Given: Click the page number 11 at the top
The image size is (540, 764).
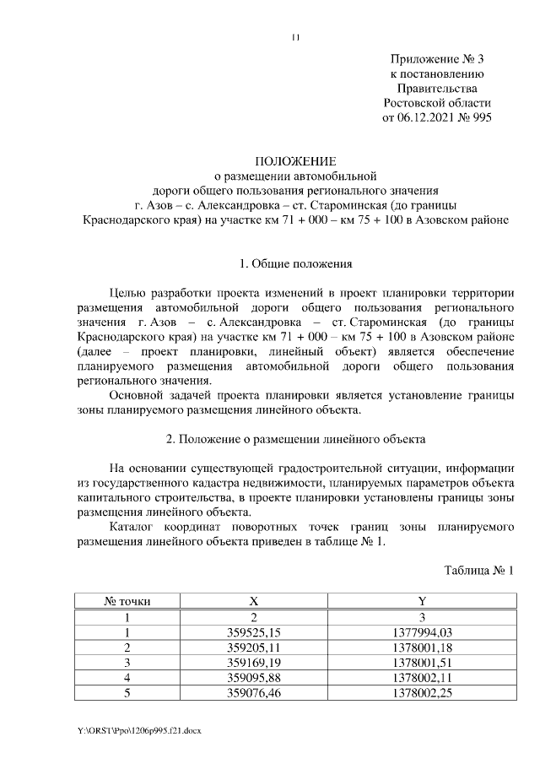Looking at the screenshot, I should click(296, 37).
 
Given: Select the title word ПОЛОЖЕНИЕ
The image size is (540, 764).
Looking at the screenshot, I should click(296, 161).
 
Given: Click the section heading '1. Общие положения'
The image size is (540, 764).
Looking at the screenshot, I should click(296, 264).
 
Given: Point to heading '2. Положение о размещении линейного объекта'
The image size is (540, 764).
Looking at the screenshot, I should click(296, 439).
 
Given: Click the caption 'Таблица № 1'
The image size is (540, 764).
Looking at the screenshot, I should click(478, 572).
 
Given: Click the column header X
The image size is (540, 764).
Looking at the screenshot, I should click(254, 602).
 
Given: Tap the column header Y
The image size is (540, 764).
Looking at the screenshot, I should click(422, 602).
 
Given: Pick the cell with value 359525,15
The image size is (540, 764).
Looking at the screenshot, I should click(254, 632).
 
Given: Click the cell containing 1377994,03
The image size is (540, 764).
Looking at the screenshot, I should click(422, 632).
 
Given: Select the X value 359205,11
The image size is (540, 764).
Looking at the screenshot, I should click(254, 648).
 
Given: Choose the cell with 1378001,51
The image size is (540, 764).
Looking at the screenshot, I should click(422, 663).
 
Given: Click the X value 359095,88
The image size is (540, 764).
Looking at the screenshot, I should click(254, 678).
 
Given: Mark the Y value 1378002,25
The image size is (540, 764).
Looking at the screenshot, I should click(422, 693).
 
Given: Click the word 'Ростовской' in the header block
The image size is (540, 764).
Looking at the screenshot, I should click(414, 102).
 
